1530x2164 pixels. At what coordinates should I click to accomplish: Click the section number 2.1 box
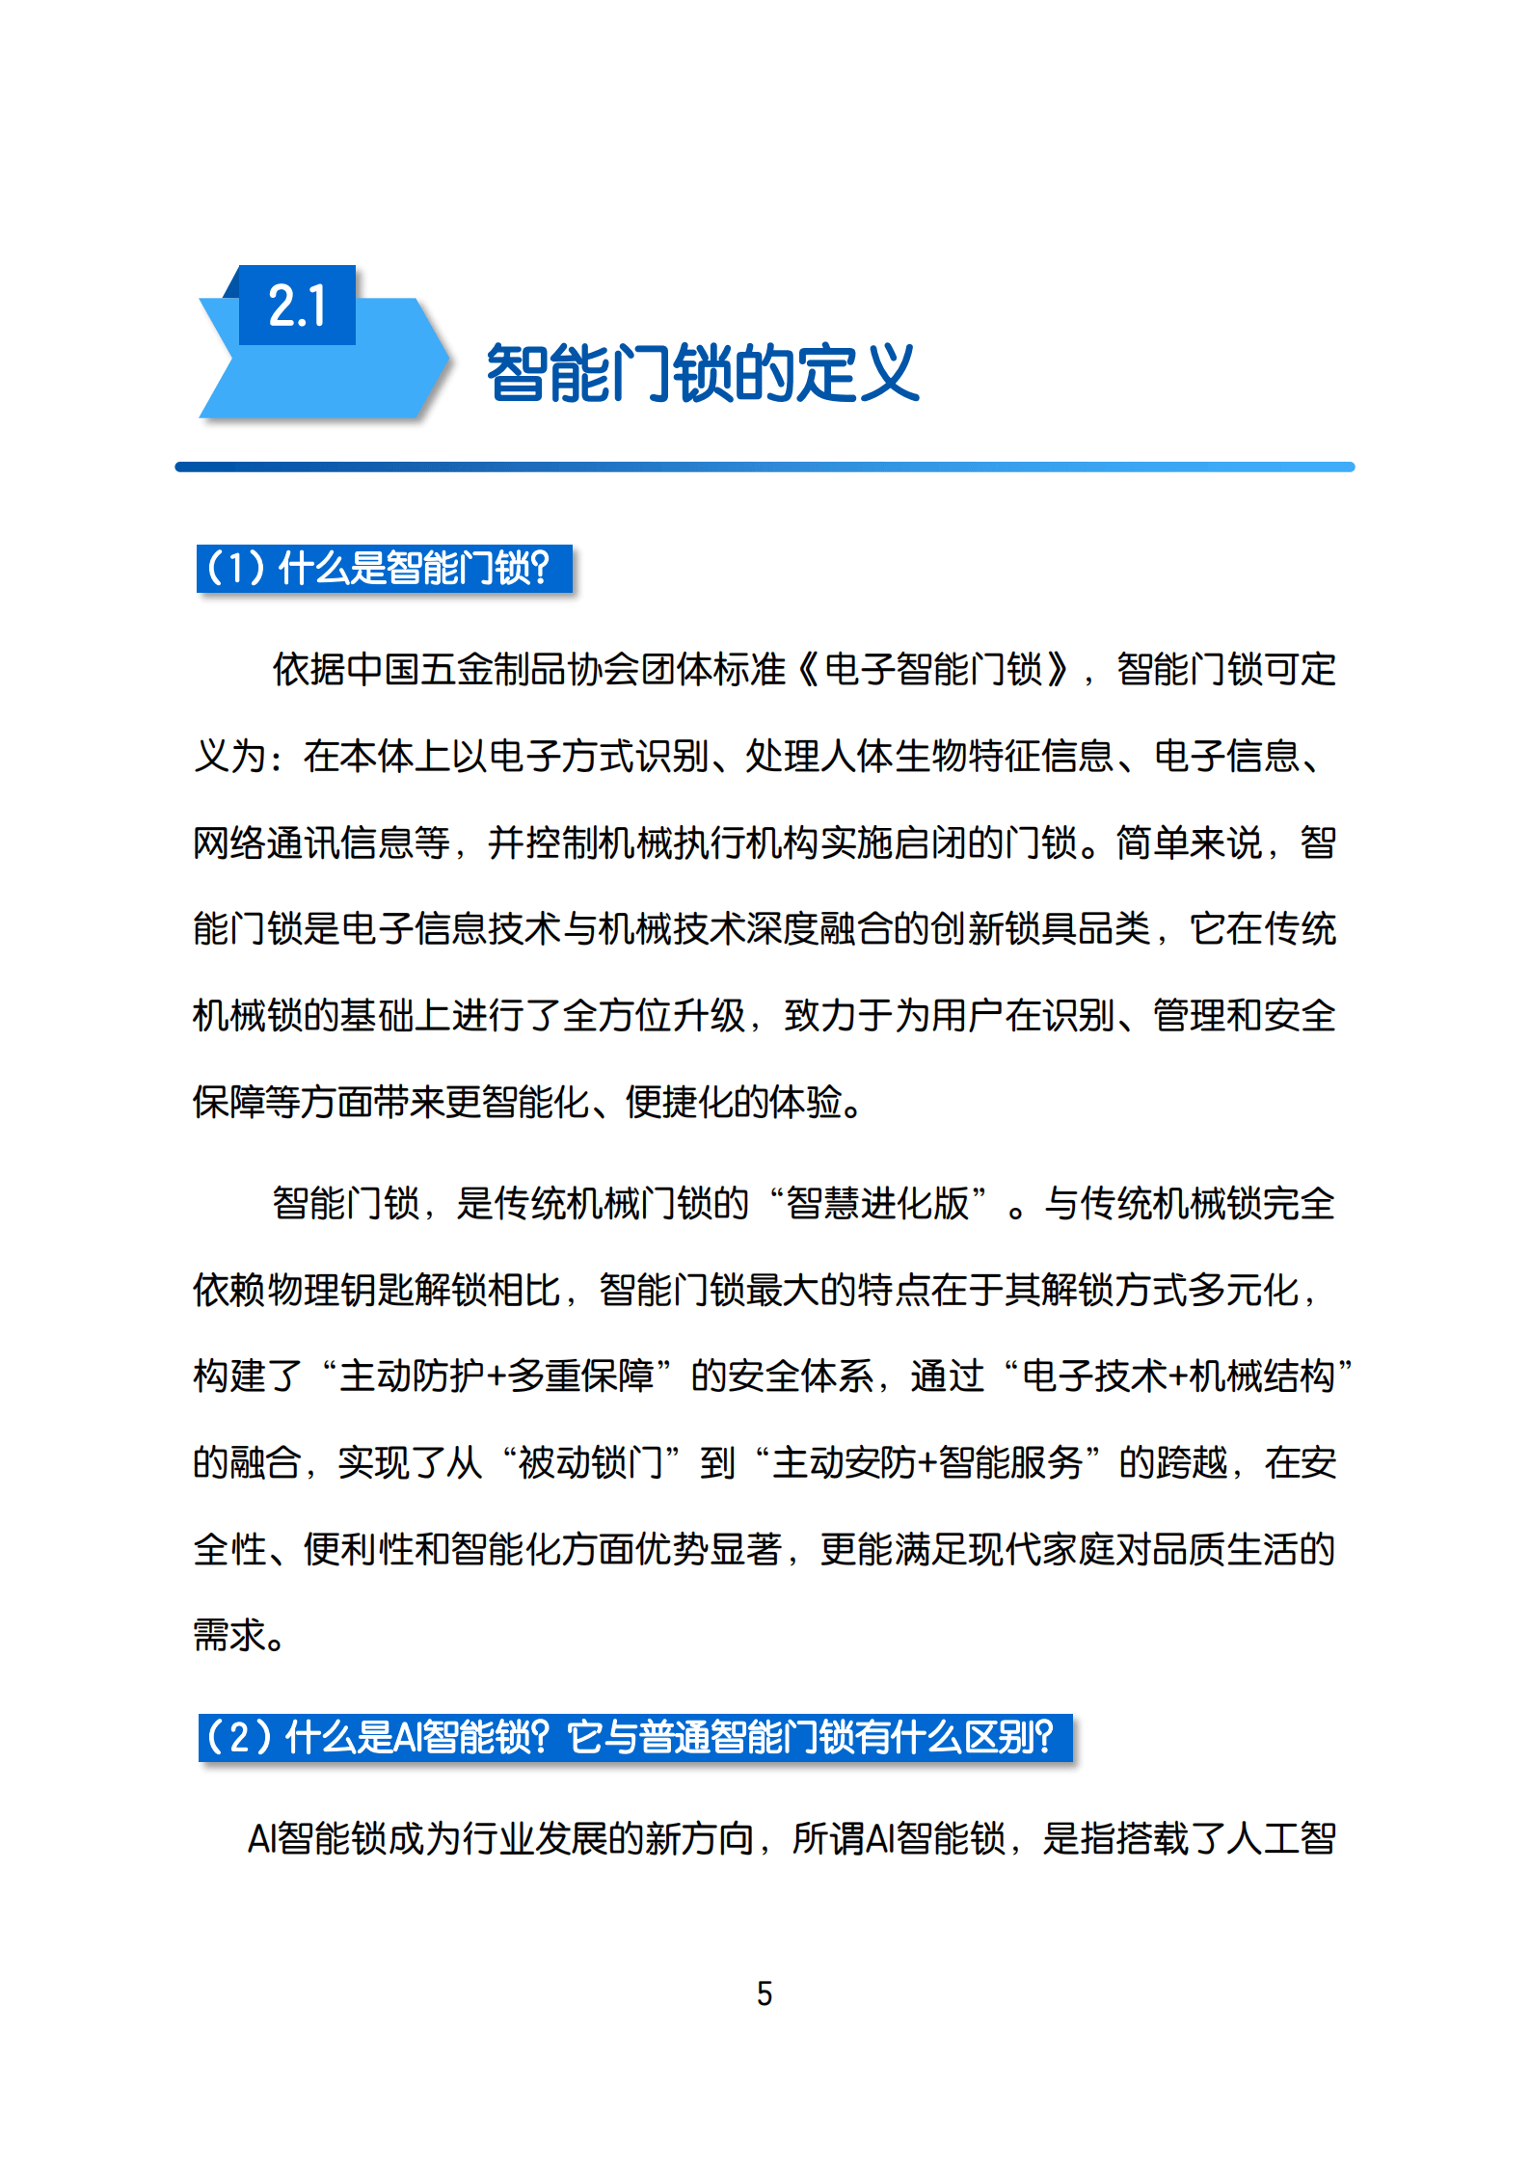pyautogui.click(x=297, y=306)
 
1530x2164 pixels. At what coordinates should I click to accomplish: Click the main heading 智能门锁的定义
pyautogui.click(x=702, y=373)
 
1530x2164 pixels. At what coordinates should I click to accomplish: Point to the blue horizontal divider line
pyautogui.click(x=765, y=468)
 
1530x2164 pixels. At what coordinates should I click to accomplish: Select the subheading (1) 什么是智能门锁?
pyautogui.click(x=384, y=569)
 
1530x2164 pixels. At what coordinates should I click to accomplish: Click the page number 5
pyautogui.click(x=765, y=1992)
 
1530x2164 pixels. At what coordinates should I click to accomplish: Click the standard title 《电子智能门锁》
pyautogui.click(x=933, y=669)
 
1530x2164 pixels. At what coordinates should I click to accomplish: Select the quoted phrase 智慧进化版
pyautogui.click(x=877, y=1203)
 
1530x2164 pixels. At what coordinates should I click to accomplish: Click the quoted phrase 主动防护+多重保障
pyautogui.click(x=497, y=1376)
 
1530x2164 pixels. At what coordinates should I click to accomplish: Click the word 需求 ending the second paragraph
pyautogui.click(x=228, y=1635)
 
